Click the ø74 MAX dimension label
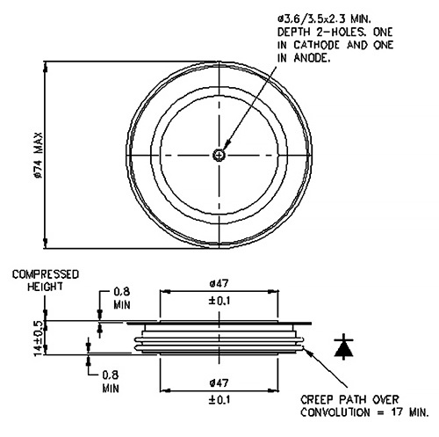click(x=39, y=156)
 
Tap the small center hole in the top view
click(x=219, y=155)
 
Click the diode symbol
click(x=343, y=346)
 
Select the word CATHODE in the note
click(x=317, y=45)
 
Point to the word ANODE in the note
click(x=312, y=58)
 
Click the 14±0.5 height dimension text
click(x=39, y=338)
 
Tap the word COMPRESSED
click(x=46, y=274)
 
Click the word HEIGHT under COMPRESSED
click(x=45, y=287)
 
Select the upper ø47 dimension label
click(x=219, y=284)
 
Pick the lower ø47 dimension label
click(x=219, y=382)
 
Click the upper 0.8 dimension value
click(x=121, y=292)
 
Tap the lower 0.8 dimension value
click(x=111, y=375)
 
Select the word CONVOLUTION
click(x=335, y=412)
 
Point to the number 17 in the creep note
click(x=398, y=412)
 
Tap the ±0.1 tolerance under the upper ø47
click(x=219, y=301)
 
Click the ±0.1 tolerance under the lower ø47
click(x=219, y=400)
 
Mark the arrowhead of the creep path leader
click(x=306, y=349)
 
